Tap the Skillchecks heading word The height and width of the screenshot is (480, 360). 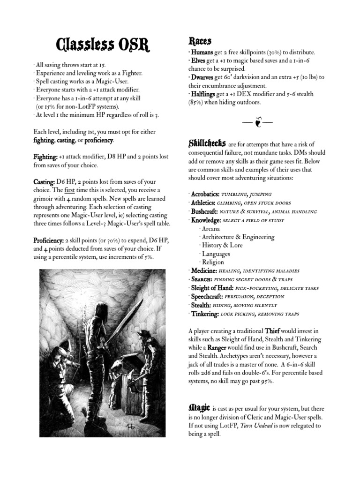[x=207, y=143]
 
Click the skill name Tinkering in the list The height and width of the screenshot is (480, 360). [x=205, y=314]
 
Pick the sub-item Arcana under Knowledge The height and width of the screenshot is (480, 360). [x=210, y=229]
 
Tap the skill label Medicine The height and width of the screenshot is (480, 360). [x=203, y=271]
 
